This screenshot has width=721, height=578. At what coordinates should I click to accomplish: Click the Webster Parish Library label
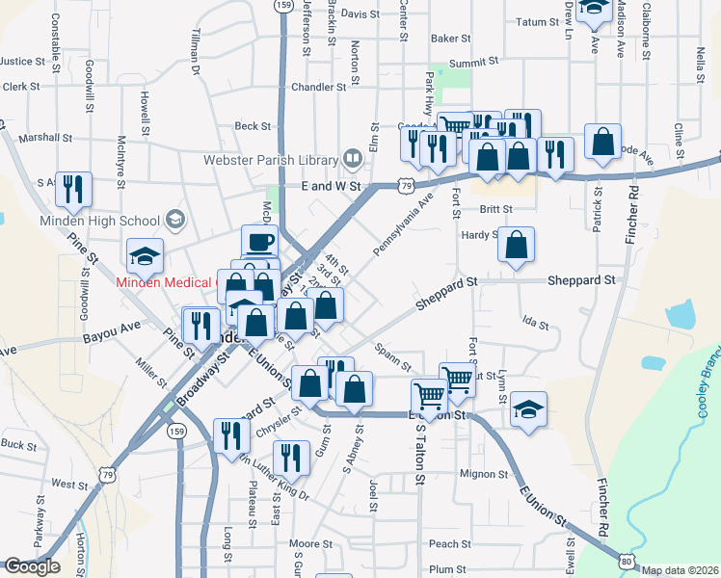click(x=269, y=159)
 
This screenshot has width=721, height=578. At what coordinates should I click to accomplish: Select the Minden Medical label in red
click(x=156, y=282)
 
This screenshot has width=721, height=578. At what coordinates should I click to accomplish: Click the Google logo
click(x=31, y=567)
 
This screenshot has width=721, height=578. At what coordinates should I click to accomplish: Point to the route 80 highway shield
click(x=628, y=560)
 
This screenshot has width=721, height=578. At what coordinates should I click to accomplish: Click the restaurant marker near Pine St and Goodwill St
click(x=73, y=190)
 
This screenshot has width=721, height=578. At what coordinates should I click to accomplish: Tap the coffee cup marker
click(x=259, y=242)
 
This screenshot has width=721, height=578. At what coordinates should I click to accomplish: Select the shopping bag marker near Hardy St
click(x=517, y=246)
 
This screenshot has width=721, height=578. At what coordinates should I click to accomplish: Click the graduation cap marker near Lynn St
click(x=528, y=408)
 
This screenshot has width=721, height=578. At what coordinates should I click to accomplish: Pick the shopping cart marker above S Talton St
click(x=428, y=395)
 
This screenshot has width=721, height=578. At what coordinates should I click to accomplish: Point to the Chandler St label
click(x=318, y=87)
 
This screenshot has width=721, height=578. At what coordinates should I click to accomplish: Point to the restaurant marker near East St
click(x=290, y=458)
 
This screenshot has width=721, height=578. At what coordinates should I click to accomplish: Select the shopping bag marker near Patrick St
click(x=603, y=143)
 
